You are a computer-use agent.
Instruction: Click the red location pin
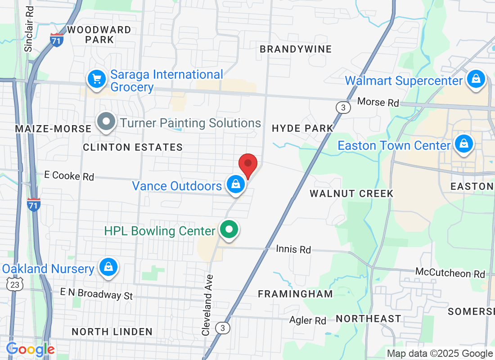click(247, 165)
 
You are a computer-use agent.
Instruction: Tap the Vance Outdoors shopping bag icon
click(235, 184)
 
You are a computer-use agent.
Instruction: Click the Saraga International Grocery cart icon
click(96, 79)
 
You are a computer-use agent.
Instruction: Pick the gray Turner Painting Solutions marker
click(107, 122)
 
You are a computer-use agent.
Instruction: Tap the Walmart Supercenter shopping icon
click(476, 79)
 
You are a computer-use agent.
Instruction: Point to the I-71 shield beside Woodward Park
click(57, 39)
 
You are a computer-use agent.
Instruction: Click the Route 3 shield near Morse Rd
click(343, 107)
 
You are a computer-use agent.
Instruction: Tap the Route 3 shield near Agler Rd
click(222, 328)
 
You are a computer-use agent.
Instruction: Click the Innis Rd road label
click(293, 249)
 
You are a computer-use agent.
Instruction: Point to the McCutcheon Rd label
click(450, 273)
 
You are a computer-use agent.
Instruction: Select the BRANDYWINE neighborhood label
click(296, 49)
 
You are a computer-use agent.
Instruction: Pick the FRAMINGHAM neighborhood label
click(295, 294)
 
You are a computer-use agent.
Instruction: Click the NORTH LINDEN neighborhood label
click(112, 332)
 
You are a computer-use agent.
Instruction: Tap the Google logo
click(31, 349)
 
